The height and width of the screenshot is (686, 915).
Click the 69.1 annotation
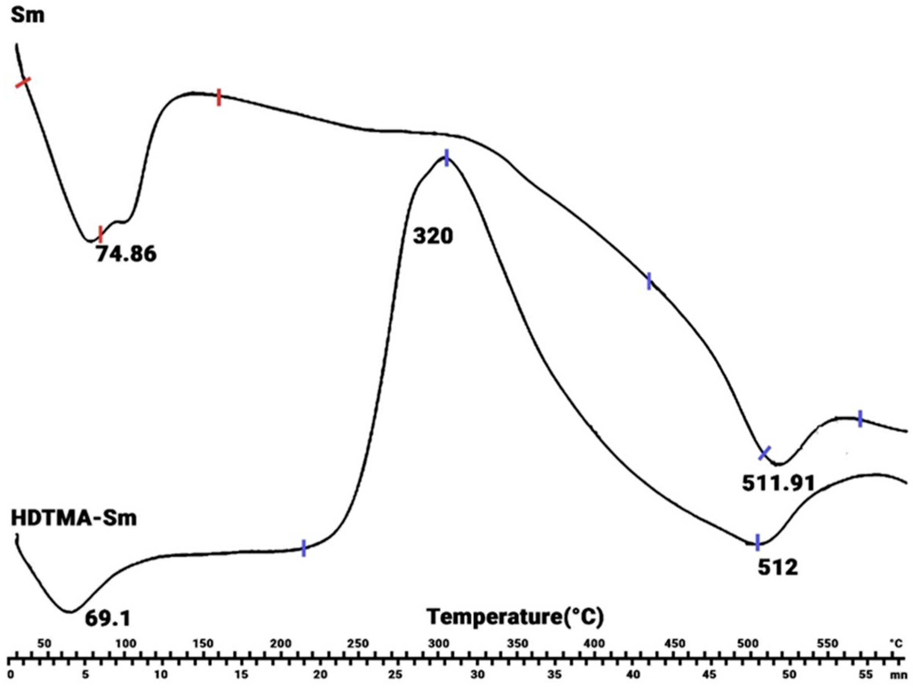point(108,618)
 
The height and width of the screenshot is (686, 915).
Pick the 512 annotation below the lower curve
point(778,567)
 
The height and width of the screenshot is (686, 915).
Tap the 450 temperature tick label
point(674,643)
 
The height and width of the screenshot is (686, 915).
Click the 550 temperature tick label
point(828,643)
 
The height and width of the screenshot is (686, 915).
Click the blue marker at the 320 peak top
point(446,158)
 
